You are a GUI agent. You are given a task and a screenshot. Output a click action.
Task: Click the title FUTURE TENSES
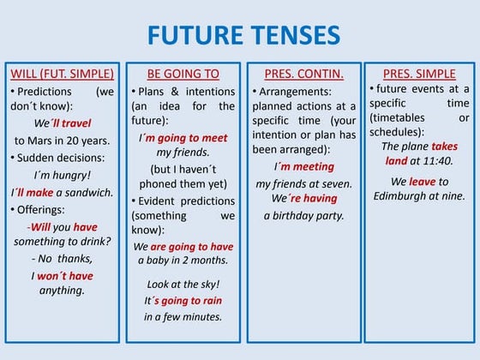(243, 35)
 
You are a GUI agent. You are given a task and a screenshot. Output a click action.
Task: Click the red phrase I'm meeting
(303, 166)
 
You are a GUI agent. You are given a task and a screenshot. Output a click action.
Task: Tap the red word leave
(422, 182)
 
